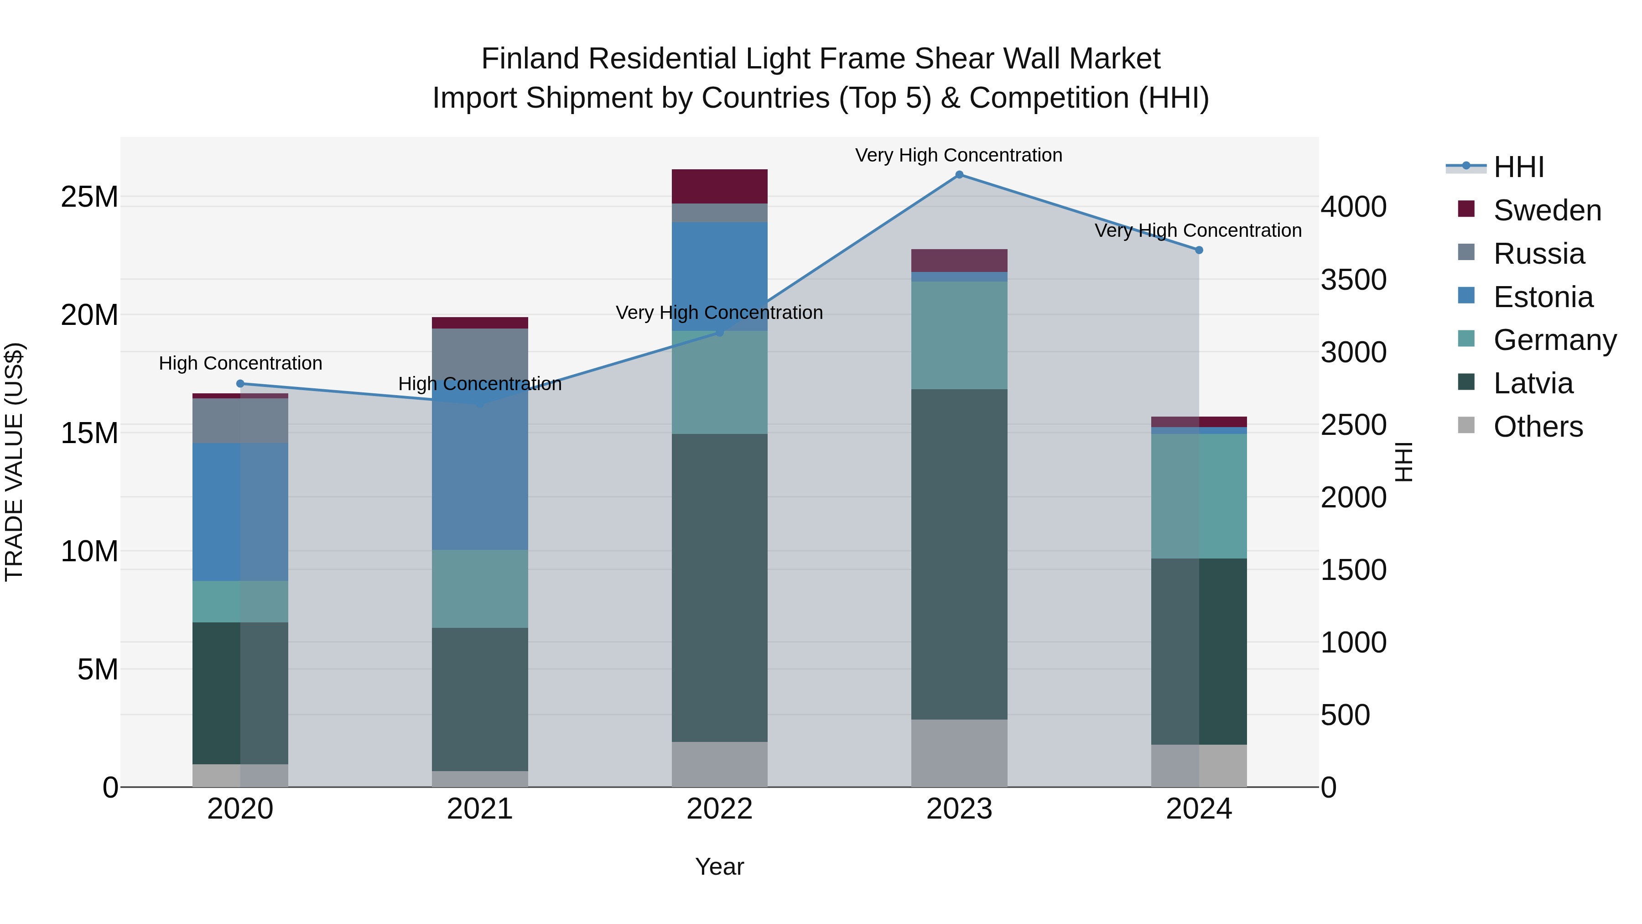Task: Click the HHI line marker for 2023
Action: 959,175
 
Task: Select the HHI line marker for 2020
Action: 240,384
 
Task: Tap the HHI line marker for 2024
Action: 1199,251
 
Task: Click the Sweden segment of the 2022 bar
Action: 720,186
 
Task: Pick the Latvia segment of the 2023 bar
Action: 959,555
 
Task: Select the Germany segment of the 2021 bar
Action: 480,589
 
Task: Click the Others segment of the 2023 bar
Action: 959,753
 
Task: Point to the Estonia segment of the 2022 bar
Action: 720,276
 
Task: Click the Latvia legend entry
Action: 1533,383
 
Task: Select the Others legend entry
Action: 1538,427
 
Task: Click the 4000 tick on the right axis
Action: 1353,207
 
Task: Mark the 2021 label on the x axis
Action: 480,809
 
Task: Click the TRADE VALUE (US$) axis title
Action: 14,462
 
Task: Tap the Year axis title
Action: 720,867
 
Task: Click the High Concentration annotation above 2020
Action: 240,363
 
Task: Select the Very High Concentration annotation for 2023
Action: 959,155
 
